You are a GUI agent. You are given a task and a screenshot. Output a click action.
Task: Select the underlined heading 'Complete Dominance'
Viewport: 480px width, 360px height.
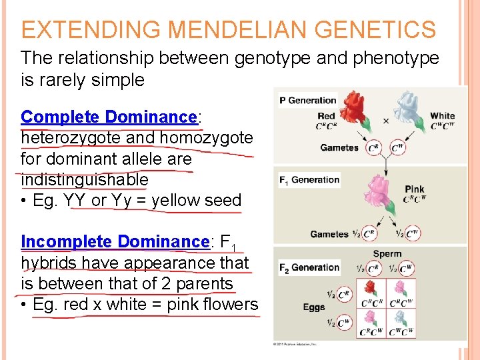(x=109, y=117)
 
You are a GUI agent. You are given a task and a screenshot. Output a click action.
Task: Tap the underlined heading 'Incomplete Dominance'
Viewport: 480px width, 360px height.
(x=115, y=241)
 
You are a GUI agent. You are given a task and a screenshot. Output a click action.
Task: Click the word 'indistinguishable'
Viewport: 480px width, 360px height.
(x=85, y=180)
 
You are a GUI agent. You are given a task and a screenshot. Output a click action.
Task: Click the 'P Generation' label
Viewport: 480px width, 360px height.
(x=307, y=100)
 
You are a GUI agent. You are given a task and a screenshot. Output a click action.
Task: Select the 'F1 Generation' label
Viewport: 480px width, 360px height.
(x=309, y=179)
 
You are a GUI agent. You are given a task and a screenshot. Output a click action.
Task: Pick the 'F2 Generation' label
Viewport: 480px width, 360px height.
(x=309, y=267)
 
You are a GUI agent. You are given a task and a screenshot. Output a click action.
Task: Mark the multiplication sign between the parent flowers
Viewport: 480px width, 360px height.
(x=386, y=121)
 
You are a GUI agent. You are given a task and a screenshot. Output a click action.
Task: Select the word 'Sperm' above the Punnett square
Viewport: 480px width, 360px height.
(x=387, y=254)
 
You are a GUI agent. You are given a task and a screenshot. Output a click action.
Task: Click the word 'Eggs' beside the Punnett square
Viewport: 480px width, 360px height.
(x=314, y=307)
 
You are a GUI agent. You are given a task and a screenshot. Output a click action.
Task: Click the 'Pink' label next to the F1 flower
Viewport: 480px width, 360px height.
(x=415, y=189)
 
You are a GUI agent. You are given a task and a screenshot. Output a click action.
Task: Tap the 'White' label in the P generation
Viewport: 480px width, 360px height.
(x=442, y=116)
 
